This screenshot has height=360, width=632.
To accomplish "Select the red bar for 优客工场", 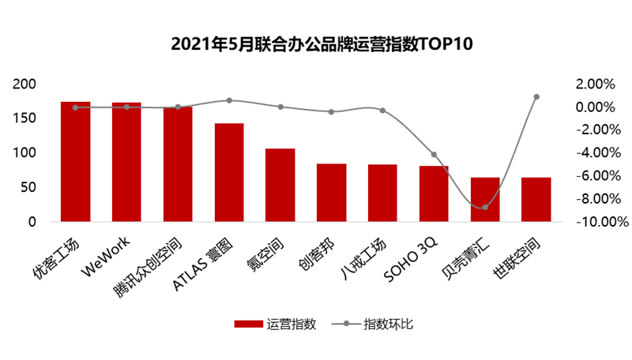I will (76, 162).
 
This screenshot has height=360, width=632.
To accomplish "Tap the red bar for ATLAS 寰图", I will (229, 172).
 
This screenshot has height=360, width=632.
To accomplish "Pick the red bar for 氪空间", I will (280, 185).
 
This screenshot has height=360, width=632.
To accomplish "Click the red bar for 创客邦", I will (332, 193).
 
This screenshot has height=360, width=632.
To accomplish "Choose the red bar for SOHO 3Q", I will (434, 193).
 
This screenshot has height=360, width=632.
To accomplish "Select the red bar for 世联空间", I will (536, 199).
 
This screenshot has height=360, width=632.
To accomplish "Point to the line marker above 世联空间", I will (536, 97).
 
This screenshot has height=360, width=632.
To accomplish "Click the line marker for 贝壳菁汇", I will (485, 207).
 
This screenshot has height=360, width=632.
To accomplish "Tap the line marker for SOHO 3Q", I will (434, 155).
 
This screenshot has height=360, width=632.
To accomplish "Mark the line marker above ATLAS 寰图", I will (229, 100).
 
